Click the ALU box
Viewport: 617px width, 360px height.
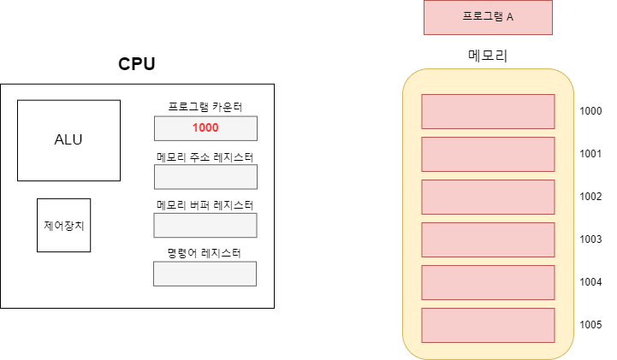[68, 140]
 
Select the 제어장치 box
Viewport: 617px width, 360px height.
[63, 225]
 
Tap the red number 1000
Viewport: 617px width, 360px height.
[205, 128]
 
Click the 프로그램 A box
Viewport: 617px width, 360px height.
[488, 17]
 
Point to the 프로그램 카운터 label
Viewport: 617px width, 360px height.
[205, 108]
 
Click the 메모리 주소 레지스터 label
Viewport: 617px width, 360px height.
[205, 157]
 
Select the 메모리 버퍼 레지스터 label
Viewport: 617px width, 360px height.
[205, 205]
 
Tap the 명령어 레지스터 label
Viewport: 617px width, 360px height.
[205, 253]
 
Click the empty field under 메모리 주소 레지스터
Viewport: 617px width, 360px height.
[205, 177]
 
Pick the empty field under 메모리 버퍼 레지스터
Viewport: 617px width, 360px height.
[205, 225]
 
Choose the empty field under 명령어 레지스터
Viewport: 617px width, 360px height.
[205, 274]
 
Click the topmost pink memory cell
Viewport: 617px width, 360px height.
[488, 111]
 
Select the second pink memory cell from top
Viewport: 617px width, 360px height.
[488, 154]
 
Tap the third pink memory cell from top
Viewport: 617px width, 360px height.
[488, 197]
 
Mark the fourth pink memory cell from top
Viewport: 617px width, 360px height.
[488, 239]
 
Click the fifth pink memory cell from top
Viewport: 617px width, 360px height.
[488, 282]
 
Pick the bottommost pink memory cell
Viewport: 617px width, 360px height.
[488, 325]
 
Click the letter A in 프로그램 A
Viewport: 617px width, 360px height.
[510, 17]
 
